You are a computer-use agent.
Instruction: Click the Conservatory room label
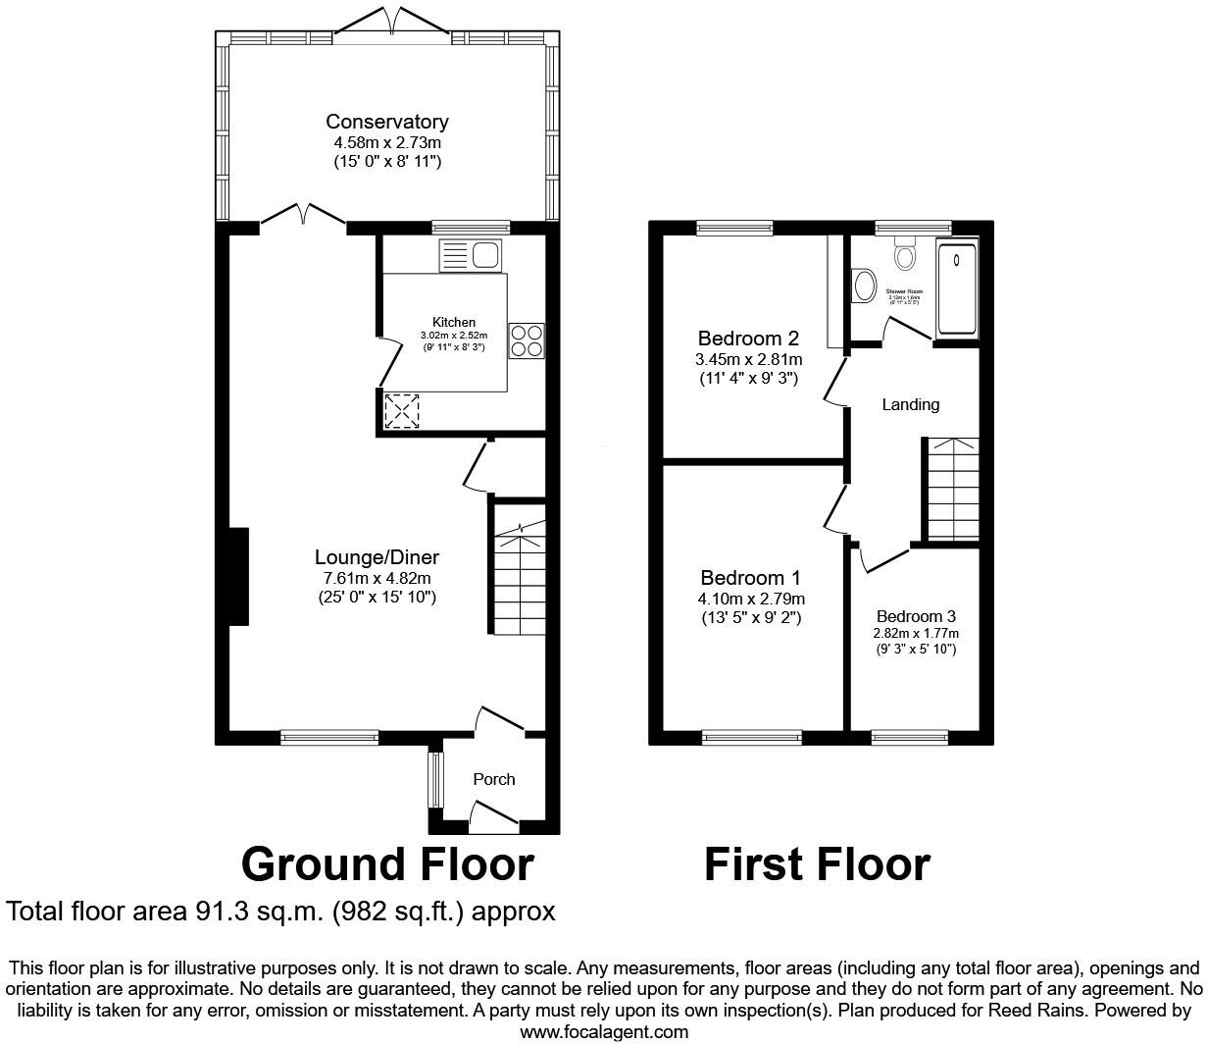point(386,122)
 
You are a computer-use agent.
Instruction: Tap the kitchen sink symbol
point(472,255)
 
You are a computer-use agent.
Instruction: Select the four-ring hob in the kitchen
point(527,339)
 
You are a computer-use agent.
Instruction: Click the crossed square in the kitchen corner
point(401,410)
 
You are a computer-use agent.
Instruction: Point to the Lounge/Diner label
point(377,557)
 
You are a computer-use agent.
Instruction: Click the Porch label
point(493,779)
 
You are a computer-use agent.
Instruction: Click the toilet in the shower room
point(904,255)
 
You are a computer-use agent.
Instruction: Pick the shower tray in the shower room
point(958,288)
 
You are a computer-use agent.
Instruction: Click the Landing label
point(910,404)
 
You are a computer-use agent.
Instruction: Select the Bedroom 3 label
point(916,616)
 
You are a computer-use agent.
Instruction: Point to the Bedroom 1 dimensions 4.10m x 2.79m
point(751,599)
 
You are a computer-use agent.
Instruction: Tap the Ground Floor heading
point(387,864)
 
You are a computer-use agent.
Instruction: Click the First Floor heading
point(817,864)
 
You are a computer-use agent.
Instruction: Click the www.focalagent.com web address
point(603,1032)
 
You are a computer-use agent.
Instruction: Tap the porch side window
point(435,779)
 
